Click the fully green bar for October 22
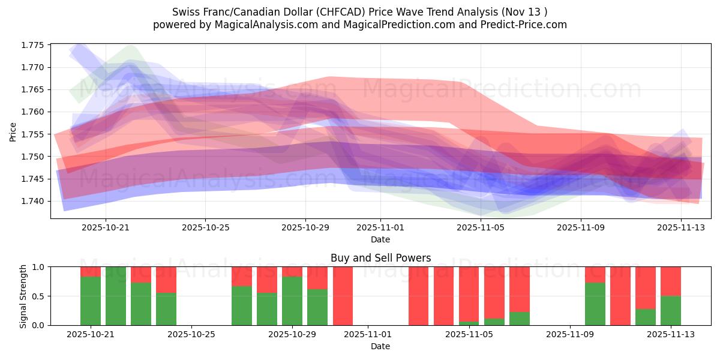pos(116,296)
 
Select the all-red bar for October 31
pos(343,296)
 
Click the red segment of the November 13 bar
pos(670,281)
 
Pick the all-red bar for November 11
pos(620,296)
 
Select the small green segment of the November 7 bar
pos(519,319)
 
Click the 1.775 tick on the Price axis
pos(37,45)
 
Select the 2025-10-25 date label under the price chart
pos(205,227)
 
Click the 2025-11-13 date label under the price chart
pos(680,227)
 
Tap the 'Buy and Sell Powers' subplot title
pos(380,258)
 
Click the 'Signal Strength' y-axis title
pos(23,296)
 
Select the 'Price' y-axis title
pos(13,131)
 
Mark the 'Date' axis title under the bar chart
pos(380,346)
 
